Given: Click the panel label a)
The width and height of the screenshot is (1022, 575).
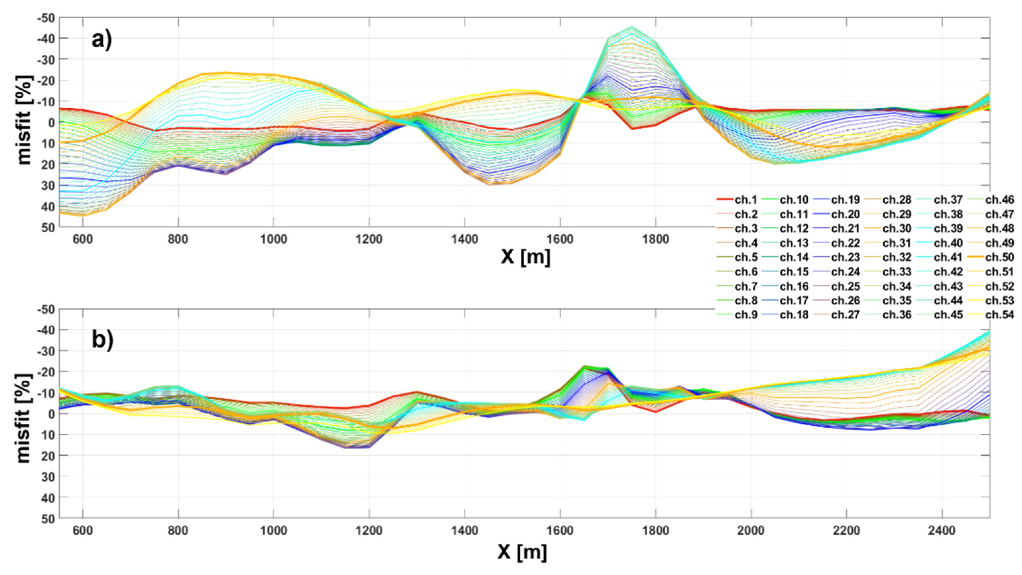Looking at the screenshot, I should (102, 40).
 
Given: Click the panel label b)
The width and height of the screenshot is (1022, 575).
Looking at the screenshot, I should (103, 340).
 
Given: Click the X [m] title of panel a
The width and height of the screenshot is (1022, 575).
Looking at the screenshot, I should (525, 257).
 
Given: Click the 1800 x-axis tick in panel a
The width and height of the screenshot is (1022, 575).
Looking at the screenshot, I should (655, 240).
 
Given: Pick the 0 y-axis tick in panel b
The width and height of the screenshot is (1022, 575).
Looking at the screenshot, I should (51, 413).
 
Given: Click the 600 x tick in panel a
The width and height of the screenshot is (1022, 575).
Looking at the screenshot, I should (82, 240).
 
